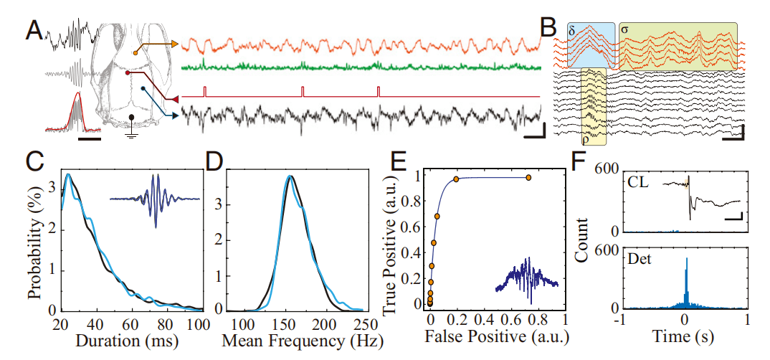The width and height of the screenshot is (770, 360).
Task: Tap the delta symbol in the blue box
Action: (571, 32)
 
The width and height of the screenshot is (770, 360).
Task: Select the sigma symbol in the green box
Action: (626, 32)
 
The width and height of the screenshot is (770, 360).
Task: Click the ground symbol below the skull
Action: (131, 134)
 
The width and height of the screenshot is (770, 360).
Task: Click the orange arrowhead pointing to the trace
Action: (174, 44)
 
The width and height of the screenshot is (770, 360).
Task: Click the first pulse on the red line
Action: (204, 90)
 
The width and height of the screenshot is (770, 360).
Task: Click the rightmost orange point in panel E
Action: (528, 177)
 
